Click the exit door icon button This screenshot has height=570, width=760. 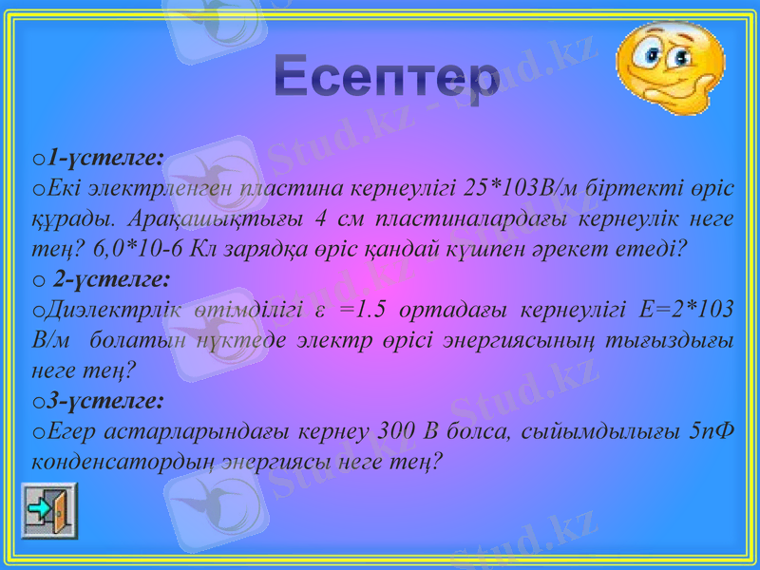pyautogui.click(x=48, y=510)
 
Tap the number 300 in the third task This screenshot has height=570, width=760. pyautogui.click(x=396, y=433)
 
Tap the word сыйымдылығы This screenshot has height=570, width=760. pyautogui.click(x=599, y=433)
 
